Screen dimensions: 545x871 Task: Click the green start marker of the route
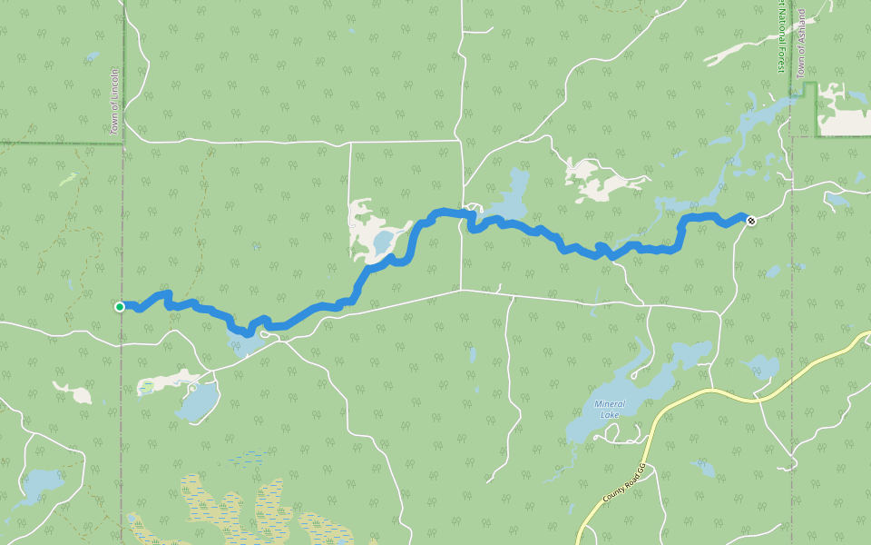tap(120, 307)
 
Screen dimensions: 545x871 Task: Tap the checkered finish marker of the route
tap(750, 219)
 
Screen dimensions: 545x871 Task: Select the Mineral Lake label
tap(610, 410)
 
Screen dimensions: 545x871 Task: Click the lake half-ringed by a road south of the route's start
tap(198, 401)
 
